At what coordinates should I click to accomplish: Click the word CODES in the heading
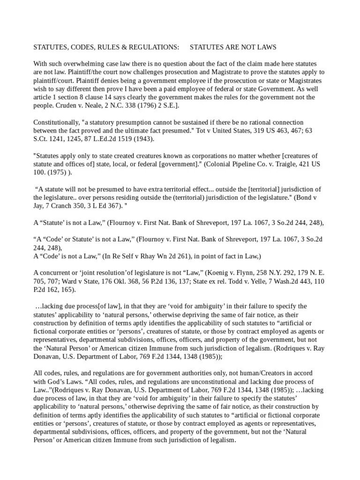click(x=78, y=47)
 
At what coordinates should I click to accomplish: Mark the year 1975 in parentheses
click(x=58, y=172)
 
